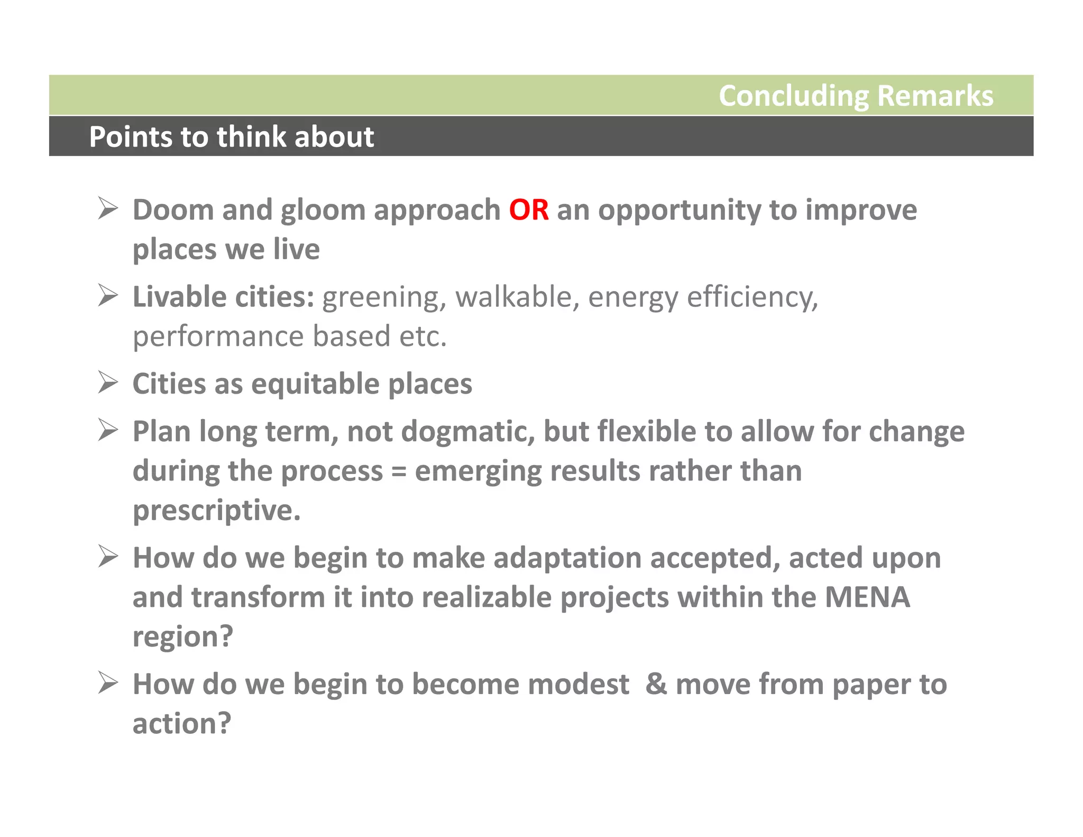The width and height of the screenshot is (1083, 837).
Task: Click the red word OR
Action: tap(528, 210)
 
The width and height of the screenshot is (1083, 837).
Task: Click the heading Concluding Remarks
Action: tap(856, 96)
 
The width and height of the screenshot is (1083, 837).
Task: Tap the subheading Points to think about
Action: tap(232, 137)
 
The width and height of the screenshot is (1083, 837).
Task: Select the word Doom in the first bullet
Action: tap(172, 210)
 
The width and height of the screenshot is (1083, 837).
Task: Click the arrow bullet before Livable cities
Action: tap(108, 295)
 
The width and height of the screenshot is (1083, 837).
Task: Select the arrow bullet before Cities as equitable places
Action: tap(108, 383)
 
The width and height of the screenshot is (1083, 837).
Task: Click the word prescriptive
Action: tap(216, 511)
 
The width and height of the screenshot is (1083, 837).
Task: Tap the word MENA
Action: tap(867, 597)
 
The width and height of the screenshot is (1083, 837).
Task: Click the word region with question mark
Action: tap(182, 637)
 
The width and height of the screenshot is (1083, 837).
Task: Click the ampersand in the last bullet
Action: tap(656, 684)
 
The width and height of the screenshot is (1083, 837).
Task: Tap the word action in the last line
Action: tap(181, 724)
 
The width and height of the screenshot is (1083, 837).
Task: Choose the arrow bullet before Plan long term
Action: tap(108, 430)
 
